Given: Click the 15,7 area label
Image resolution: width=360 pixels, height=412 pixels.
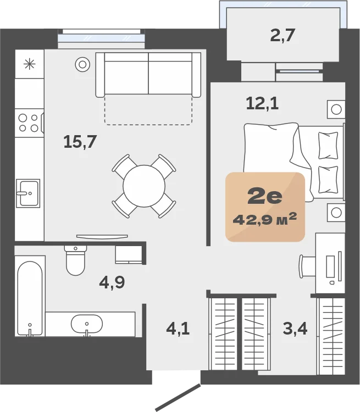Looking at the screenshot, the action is point(80,142).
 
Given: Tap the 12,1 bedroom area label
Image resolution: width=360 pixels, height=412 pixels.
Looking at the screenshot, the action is point(262,103).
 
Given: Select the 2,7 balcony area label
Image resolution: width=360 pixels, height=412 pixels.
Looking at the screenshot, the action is point(283,35).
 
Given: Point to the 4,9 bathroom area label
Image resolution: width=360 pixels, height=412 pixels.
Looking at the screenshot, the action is point(112,282).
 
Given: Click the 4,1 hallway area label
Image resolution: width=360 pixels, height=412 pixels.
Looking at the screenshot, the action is point(178,329).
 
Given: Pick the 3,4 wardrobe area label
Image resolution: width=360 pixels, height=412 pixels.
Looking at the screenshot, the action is point(295,329).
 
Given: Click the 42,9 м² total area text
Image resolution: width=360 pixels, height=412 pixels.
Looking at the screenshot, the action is point(265,219).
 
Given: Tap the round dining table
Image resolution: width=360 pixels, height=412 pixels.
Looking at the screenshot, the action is point(144,186).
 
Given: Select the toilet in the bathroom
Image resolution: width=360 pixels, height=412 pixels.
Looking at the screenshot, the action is point(75,260).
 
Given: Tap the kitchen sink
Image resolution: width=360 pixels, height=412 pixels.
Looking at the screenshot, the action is point(28,193).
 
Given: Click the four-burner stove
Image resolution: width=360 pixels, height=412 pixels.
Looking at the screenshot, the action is point(29,123).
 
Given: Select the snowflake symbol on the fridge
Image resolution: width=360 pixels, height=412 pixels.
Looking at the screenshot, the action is point(30,64).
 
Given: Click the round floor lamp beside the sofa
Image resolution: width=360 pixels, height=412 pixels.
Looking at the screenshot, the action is point(82,64).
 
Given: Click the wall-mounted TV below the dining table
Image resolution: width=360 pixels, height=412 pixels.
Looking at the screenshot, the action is point(102,236).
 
